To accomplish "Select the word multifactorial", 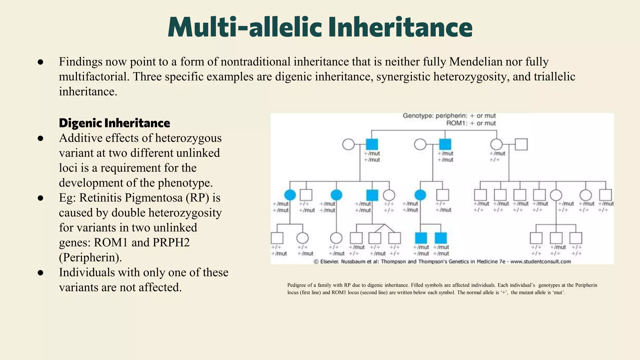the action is tap(94, 77).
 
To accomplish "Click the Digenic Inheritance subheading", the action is tap(114, 123).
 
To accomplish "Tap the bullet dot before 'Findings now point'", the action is tap(40, 62).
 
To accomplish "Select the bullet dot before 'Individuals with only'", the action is tap(40, 273).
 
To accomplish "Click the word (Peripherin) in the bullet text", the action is tap(90, 257).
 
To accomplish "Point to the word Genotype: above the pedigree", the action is tap(417, 116).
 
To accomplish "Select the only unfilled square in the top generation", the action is tap(521, 144).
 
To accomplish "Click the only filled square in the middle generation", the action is tap(372, 195).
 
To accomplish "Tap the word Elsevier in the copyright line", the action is tap(329, 262).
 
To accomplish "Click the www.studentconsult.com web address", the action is tap(541, 262).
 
